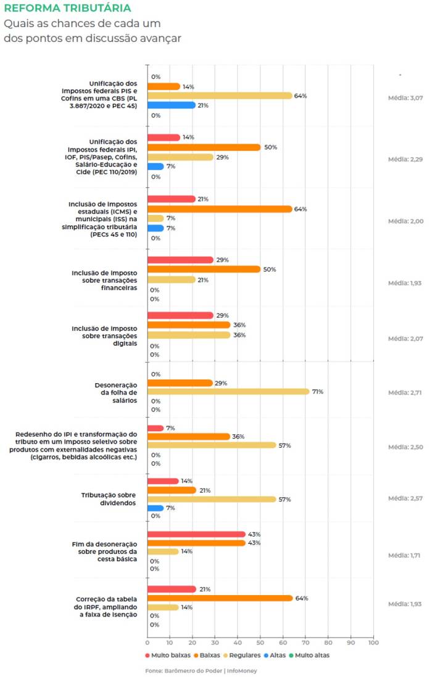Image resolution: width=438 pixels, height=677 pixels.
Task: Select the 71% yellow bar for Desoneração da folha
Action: point(228,391)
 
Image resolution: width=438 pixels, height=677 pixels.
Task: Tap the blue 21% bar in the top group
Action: point(171,105)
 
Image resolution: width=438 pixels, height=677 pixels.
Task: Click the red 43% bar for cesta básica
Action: point(196,534)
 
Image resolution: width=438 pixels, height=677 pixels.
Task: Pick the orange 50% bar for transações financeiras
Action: point(204,269)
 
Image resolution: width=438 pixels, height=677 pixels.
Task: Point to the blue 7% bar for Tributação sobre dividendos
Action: point(155,508)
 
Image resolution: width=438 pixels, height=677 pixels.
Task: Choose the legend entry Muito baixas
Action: point(167,655)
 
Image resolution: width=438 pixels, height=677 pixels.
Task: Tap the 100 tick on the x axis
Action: point(373,643)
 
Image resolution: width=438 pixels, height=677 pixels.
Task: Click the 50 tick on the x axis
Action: point(260,643)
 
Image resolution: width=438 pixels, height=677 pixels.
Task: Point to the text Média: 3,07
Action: point(405,98)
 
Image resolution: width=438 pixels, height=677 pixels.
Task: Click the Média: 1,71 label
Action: point(405,556)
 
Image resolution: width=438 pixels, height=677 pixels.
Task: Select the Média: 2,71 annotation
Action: point(405,392)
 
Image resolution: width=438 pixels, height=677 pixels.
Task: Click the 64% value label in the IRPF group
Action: point(302,598)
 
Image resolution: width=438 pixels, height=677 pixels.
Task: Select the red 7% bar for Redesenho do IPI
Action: point(155,428)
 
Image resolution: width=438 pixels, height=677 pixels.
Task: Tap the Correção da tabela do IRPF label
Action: point(106,607)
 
